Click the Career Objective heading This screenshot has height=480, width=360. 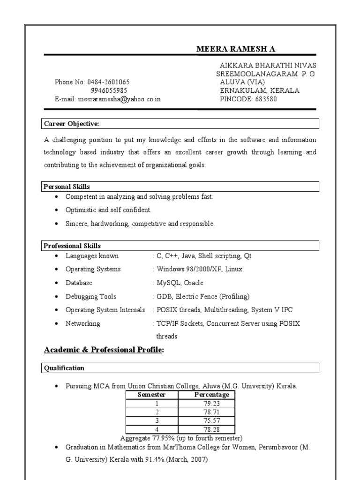pyautogui.click(x=71, y=124)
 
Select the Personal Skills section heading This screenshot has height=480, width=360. pyautogui.click(x=67, y=187)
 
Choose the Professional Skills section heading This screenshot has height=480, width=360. pyautogui.click(x=72, y=246)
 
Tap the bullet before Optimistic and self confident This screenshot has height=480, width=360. pyautogui.click(x=57, y=210)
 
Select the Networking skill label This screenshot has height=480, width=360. pyautogui.click(x=82, y=323)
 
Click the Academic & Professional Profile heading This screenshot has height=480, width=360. pyautogui.click(x=104, y=350)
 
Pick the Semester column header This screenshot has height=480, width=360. pyautogui.click(x=151, y=395)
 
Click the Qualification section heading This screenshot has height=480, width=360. pyautogui.click(x=64, y=368)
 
